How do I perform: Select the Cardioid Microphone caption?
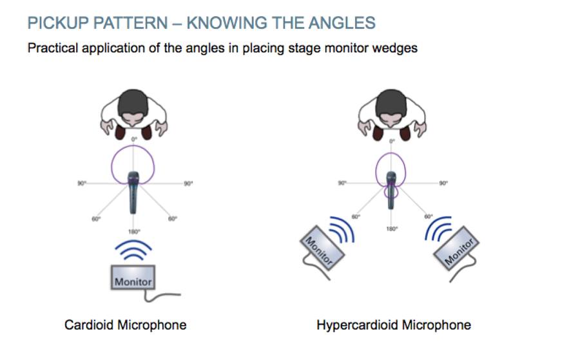click(126, 325)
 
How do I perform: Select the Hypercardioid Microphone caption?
click(394, 325)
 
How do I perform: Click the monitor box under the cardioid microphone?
click(133, 279)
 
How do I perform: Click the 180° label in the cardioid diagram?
click(134, 231)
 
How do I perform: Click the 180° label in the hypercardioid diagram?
click(391, 229)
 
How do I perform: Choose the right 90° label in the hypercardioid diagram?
click(444, 184)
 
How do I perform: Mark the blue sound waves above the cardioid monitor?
click(133, 250)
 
